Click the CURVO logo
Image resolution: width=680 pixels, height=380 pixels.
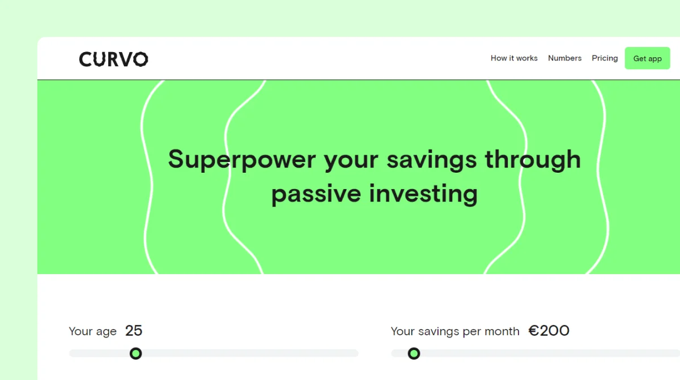click(113, 59)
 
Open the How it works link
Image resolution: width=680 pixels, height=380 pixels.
click(514, 58)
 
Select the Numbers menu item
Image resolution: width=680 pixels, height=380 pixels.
click(564, 58)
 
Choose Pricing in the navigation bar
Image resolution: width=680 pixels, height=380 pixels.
click(605, 58)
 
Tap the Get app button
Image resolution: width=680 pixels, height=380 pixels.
click(647, 58)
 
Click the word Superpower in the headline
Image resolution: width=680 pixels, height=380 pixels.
click(242, 160)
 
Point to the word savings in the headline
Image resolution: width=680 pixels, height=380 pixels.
click(431, 160)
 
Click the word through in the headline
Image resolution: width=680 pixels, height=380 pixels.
click(533, 160)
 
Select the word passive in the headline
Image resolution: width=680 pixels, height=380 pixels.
click(316, 194)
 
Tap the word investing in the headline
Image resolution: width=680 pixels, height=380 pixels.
click(423, 194)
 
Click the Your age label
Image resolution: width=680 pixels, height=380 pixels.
click(92, 331)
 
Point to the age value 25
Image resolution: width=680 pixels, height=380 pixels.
click(134, 331)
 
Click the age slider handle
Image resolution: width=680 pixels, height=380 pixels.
click(135, 353)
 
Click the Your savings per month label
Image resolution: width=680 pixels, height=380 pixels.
click(455, 331)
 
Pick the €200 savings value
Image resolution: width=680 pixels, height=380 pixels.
click(549, 331)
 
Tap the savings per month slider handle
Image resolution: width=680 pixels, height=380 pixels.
click(414, 353)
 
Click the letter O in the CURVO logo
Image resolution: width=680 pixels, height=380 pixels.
click(141, 59)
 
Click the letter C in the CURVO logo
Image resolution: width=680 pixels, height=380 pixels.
click(86, 59)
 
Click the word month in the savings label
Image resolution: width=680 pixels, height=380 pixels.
click(502, 331)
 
